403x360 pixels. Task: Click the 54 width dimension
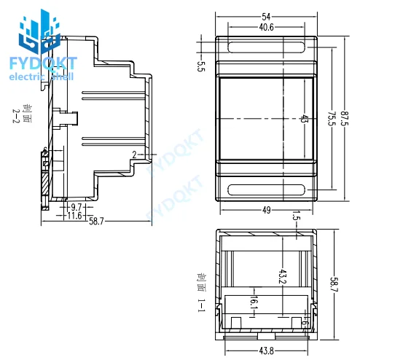266,16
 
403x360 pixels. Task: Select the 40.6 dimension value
266,28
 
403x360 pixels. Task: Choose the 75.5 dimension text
330,119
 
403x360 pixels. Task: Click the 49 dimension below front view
266,210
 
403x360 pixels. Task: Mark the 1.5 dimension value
296,216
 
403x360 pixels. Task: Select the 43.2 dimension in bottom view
282,278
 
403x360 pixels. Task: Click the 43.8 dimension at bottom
266,351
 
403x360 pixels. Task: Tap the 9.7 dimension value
77,208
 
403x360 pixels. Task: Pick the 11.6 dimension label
74,216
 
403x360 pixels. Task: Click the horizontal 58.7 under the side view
95,222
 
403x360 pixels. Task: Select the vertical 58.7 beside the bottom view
334,284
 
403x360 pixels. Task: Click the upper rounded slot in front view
266,48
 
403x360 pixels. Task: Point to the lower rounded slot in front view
266,191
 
